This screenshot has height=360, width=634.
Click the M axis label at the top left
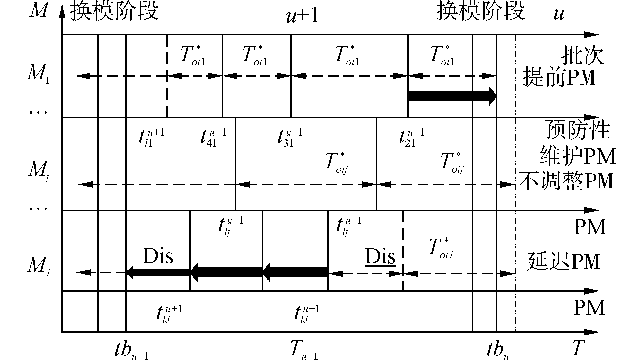click(x=39, y=11)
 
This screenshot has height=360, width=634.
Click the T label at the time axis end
click(x=578, y=348)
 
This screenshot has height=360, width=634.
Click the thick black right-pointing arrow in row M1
click(x=452, y=96)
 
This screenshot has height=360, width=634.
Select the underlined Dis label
click(x=380, y=257)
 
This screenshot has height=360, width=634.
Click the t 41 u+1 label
click(x=213, y=137)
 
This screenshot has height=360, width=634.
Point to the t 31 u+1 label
click(x=290, y=137)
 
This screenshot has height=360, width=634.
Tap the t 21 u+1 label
click(x=411, y=137)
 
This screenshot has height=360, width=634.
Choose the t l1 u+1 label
click(x=151, y=137)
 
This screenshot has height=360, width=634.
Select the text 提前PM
click(x=559, y=77)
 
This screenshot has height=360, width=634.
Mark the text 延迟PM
click(x=563, y=262)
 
